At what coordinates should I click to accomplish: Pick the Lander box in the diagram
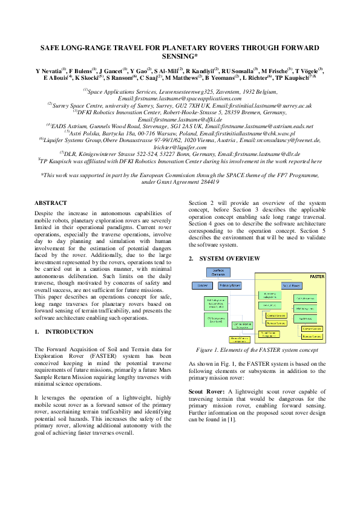coord(203,284)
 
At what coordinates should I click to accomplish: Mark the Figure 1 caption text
coord(258,350)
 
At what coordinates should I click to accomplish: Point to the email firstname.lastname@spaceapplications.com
coord(180,97)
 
